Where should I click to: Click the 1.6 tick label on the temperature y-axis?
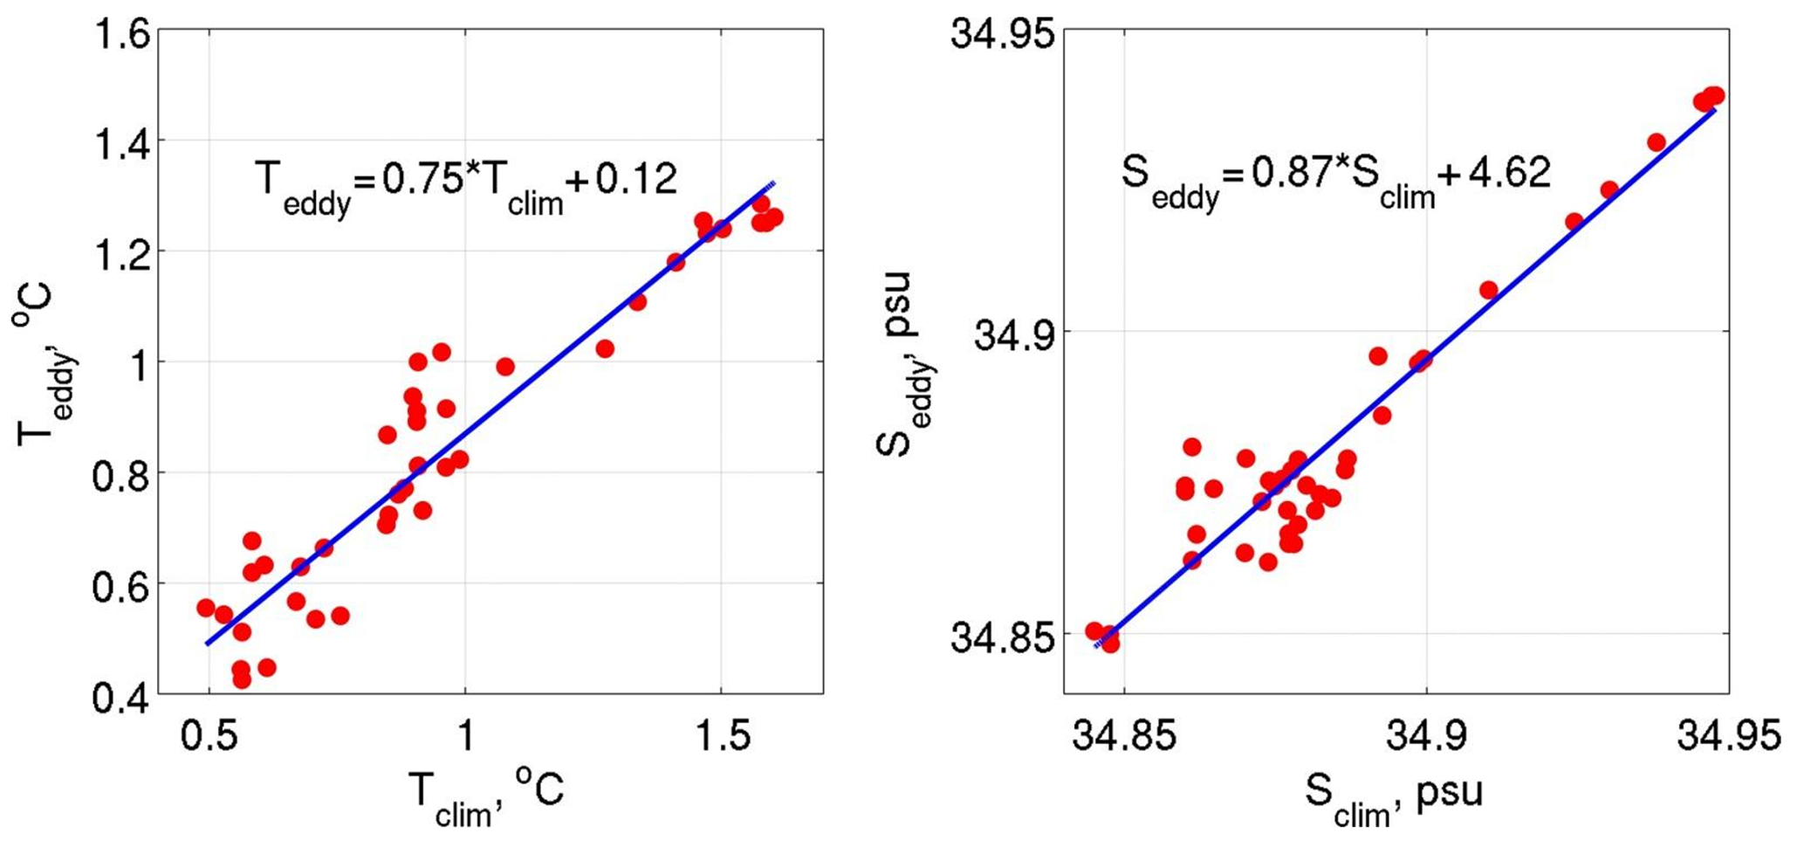121,35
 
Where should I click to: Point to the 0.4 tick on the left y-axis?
121,696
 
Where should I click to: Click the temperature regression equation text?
466,184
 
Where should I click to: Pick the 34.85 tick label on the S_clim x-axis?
1124,736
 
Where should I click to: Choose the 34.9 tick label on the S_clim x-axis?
1426,736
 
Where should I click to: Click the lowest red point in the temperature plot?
242,679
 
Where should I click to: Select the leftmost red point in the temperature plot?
206,608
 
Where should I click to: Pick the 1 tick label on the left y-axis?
138,364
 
